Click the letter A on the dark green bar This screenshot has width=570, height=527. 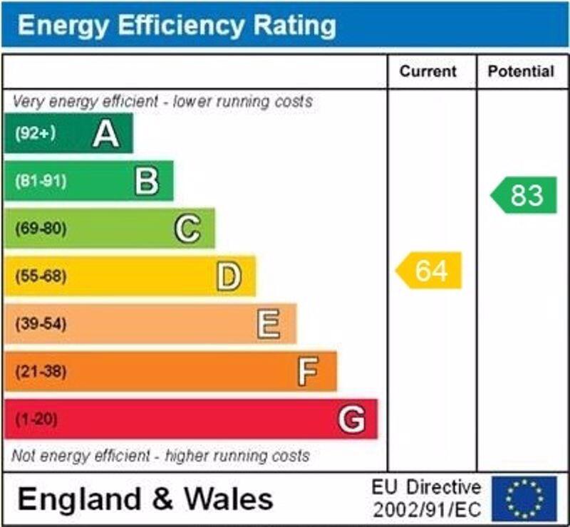click(x=106, y=134)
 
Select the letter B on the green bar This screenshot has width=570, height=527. click(x=147, y=182)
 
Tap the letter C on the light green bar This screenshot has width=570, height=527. click(x=187, y=229)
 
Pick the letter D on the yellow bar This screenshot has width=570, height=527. click(x=229, y=276)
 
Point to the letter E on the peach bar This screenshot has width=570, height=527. click(x=269, y=324)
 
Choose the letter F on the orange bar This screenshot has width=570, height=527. click(x=308, y=372)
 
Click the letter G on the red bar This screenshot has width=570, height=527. click(x=351, y=419)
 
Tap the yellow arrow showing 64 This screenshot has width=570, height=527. click(x=430, y=271)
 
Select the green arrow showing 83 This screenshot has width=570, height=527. click(x=525, y=195)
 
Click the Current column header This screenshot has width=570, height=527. click(x=427, y=71)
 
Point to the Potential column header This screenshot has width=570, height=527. click(x=521, y=71)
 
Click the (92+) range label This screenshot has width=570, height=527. click(x=35, y=133)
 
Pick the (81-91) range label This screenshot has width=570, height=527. click(x=40, y=181)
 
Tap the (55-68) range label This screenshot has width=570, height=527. click(x=40, y=276)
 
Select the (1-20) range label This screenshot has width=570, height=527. click(x=35, y=419)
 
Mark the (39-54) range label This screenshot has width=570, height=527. click(x=40, y=324)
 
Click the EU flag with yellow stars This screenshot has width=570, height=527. click(x=524, y=499)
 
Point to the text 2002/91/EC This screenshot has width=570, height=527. click(x=427, y=510)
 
